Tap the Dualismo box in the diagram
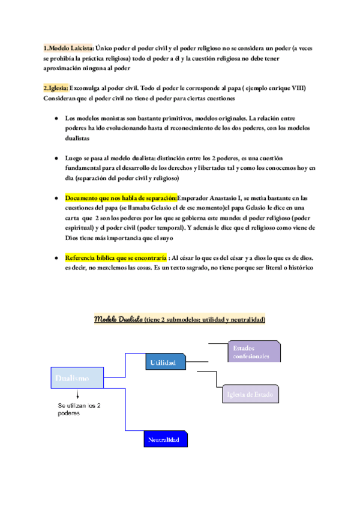coord(76,378)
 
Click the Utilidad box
coord(165,363)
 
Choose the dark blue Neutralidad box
coord(164,439)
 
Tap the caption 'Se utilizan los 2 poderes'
coord(79,409)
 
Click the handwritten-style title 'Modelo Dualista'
coord(118,319)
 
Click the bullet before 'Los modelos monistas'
coord(56,119)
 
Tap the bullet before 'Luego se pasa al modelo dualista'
coord(56,158)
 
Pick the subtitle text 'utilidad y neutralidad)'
coord(229,319)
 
